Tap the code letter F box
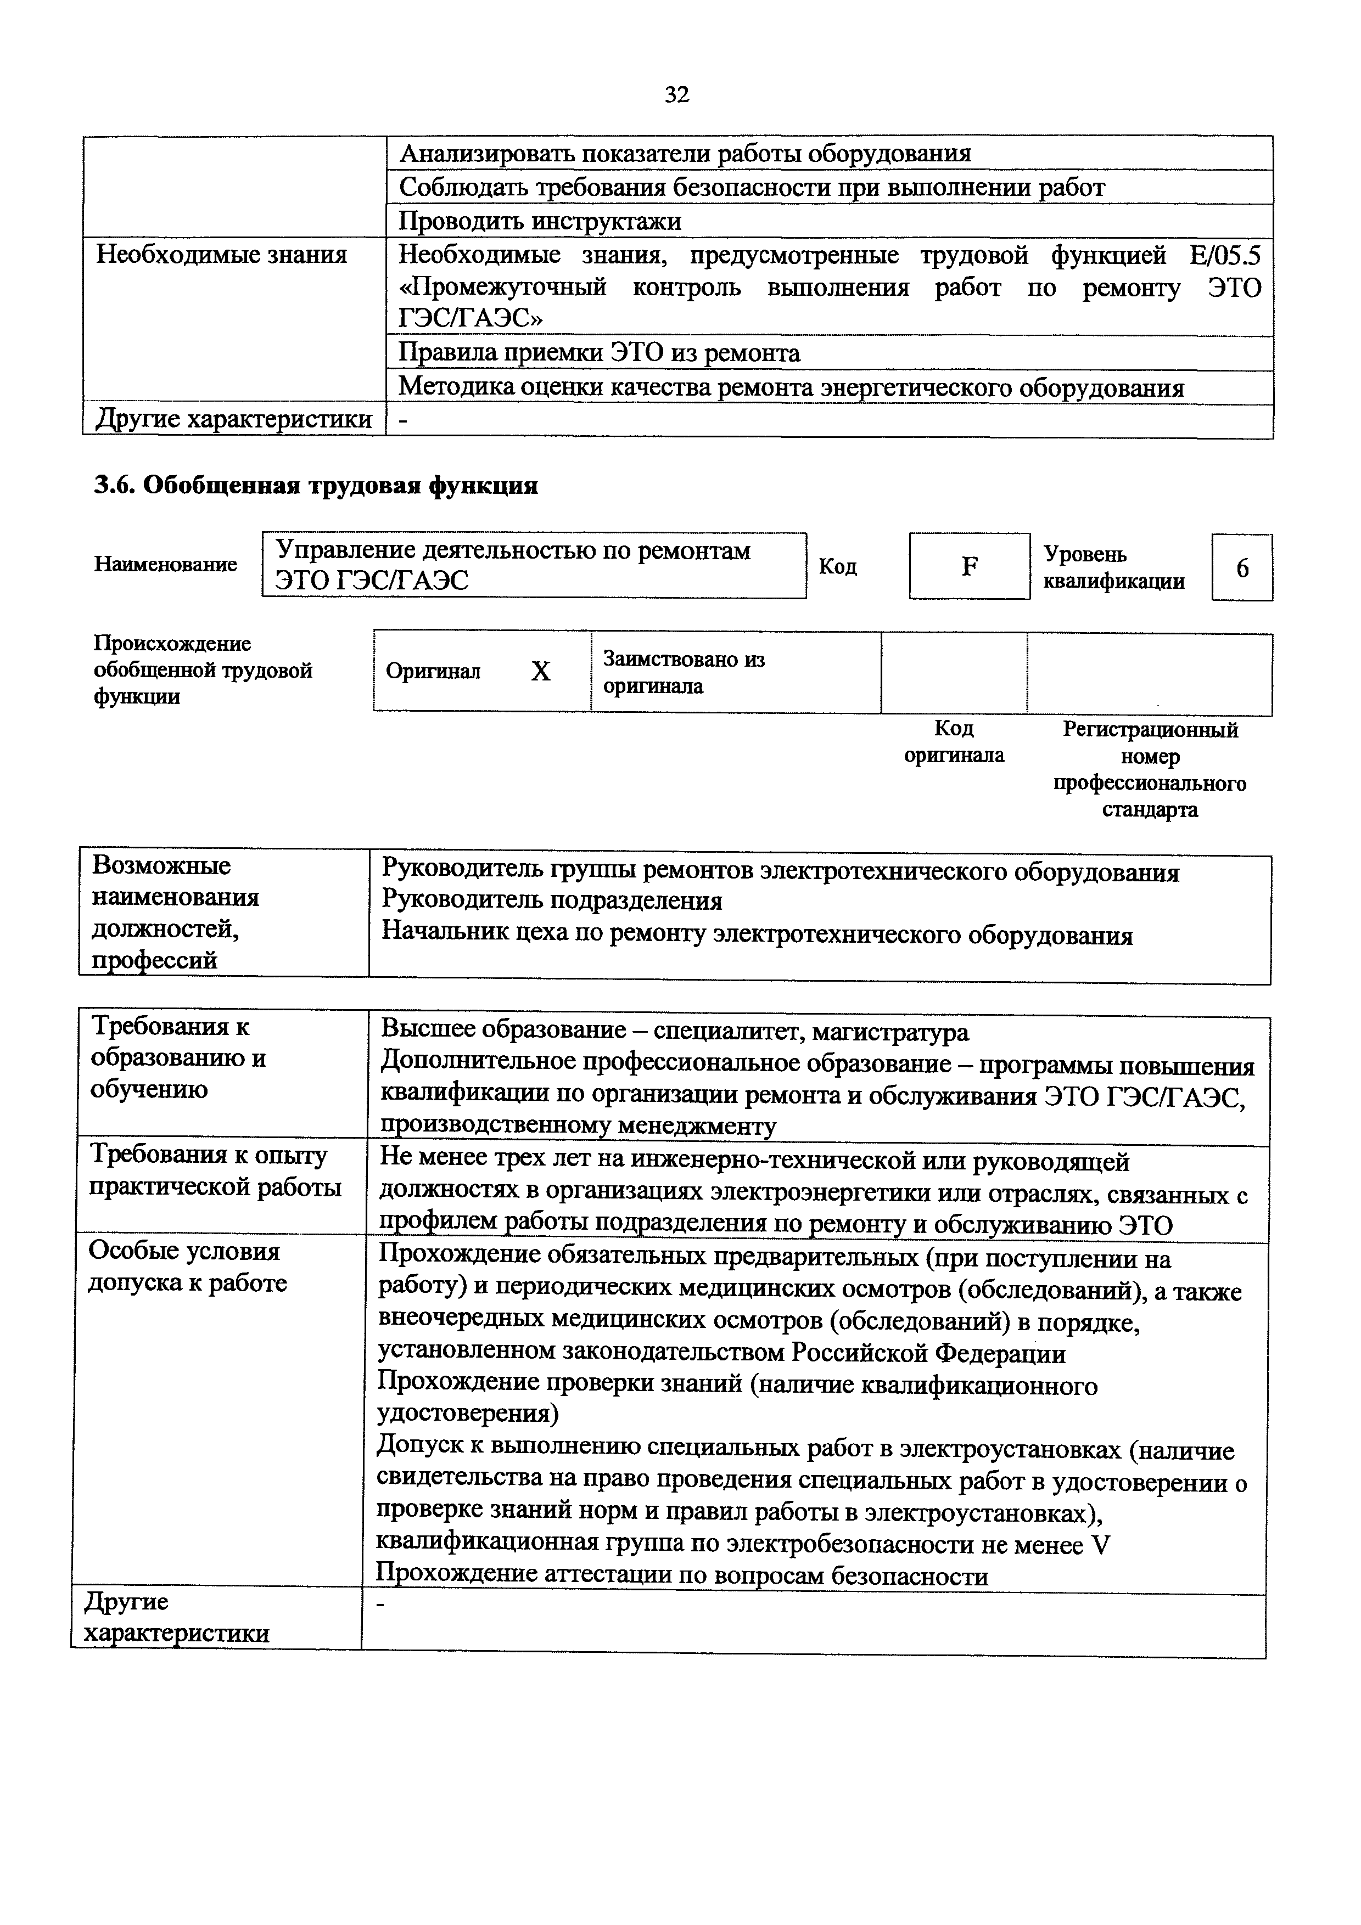(x=970, y=567)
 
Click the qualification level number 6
(x=1242, y=569)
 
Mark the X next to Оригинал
(x=541, y=672)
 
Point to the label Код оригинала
(x=954, y=742)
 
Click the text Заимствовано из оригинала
(x=684, y=672)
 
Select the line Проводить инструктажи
(x=540, y=221)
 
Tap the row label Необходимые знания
(x=221, y=254)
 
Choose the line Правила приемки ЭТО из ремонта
(x=599, y=353)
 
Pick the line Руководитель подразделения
(x=552, y=901)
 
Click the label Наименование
(x=165, y=564)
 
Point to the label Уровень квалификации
(x=1113, y=567)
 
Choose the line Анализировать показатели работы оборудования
(x=685, y=154)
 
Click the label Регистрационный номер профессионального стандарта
(x=1150, y=770)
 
